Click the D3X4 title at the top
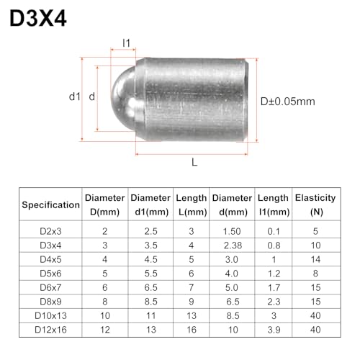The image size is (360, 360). tap(38, 18)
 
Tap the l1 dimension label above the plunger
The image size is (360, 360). tap(126, 43)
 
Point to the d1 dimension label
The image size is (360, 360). tap(73, 96)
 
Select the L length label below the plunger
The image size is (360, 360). tap(194, 163)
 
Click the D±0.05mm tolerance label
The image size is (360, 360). tap(287, 102)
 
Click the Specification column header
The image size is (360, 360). tap(51, 204)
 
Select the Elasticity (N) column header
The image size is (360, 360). tap(315, 204)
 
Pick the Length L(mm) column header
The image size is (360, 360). tap(192, 204)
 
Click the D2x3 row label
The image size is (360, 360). tap(51, 231)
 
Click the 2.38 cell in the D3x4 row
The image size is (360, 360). tap(232, 246)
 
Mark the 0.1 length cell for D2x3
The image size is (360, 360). tap(274, 231)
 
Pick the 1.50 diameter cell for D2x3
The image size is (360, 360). tap(232, 231)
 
